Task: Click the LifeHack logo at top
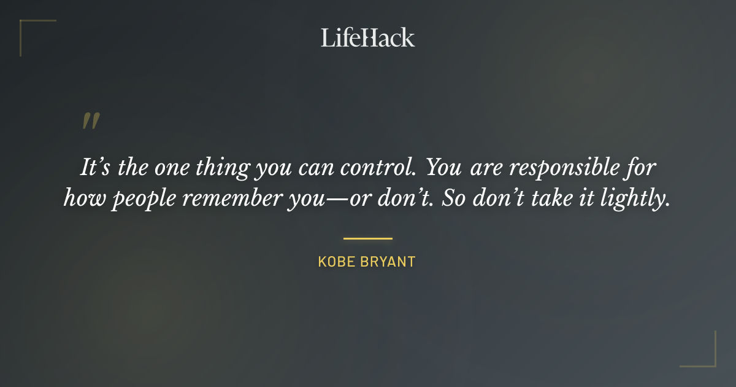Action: tap(367, 37)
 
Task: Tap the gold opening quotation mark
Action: tap(90, 121)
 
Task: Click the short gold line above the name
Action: tap(367, 238)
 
